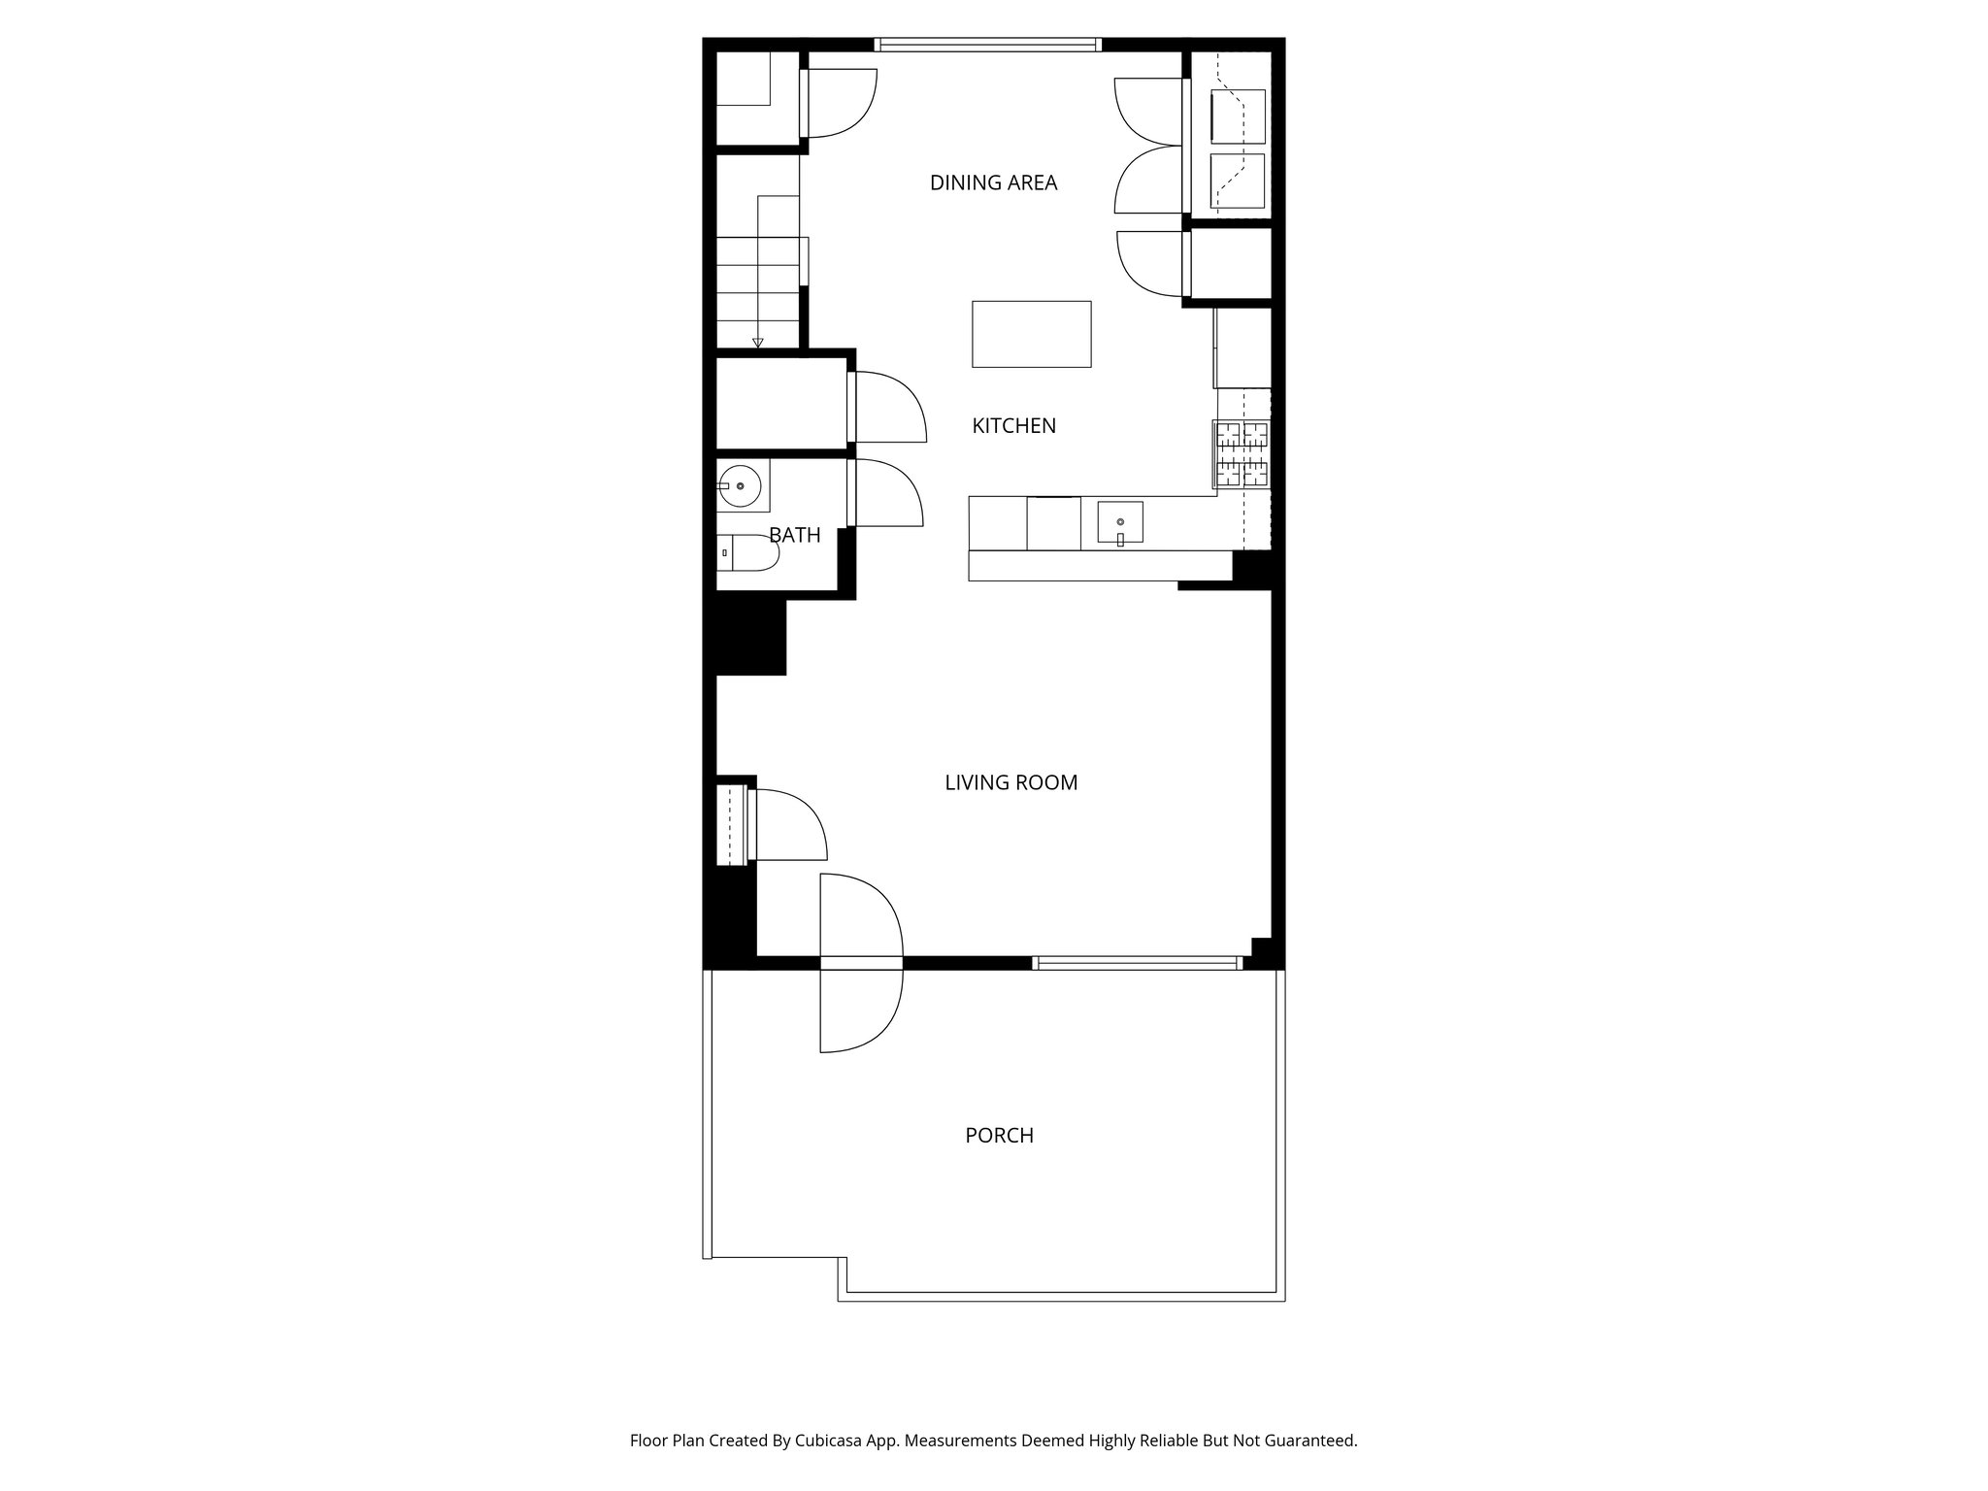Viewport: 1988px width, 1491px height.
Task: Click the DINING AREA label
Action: point(993,182)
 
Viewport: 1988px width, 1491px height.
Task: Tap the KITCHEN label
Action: point(1013,425)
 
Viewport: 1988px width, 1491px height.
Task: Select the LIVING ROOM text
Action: point(1011,782)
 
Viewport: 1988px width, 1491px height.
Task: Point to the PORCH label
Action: point(999,1135)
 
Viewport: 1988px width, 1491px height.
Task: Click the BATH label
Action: point(794,535)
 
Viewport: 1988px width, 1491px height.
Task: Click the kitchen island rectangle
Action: point(1031,334)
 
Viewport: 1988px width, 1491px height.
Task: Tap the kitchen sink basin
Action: point(1120,522)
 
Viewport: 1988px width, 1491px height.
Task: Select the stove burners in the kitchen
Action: point(1242,453)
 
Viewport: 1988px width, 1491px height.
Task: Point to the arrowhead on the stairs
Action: point(757,342)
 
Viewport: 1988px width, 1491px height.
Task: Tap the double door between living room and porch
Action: point(861,962)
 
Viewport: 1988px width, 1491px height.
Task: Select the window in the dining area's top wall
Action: point(988,44)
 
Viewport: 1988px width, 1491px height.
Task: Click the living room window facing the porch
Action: point(1137,963)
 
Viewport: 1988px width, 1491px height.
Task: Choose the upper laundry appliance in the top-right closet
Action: point(1238,116)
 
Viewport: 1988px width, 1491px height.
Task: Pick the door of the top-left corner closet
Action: point(839,103)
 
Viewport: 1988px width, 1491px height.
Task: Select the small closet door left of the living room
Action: point(786,825)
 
